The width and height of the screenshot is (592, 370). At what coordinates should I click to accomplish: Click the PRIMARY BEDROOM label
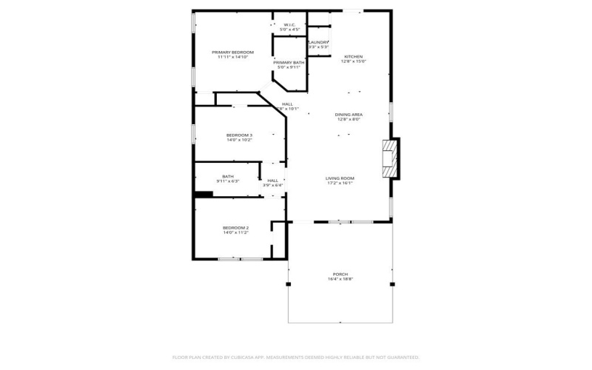click(x=232, y=52)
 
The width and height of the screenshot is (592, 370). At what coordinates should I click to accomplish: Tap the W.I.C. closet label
click(x=288, y=24)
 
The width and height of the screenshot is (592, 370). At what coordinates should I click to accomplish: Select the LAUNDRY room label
click(x=318, y=42)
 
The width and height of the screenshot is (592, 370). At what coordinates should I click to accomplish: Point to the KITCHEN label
click(x=353, y=56)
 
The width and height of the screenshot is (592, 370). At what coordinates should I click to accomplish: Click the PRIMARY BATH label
click(x=288, y=62)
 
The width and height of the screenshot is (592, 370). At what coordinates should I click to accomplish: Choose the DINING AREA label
click(x=348, y=114)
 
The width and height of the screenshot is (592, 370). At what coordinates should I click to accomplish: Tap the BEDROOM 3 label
click(x=239, y=135)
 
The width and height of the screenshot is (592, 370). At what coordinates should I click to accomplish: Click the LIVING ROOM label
click(x=340, y=178)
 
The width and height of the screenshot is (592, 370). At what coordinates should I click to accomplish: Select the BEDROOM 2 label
click(x=235, y=227)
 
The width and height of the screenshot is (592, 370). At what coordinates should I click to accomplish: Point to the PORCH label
click(x=340, y=274)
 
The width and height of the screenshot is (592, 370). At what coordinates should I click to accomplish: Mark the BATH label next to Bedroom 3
click(x=227, y=176)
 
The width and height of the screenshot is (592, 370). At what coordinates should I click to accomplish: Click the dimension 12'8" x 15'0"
click(x=353, y=62)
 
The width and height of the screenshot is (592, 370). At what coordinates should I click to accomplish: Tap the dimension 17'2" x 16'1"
click(x=340, y=183)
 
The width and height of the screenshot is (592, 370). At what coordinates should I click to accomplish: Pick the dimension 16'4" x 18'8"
click(x=340, y=279)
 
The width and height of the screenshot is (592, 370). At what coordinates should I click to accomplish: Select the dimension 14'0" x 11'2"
click(x=235, y=232)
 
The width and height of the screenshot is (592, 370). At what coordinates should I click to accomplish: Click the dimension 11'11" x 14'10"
click(x=232, y=57)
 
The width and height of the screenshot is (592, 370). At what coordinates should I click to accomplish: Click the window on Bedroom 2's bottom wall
click(x=240, y=258)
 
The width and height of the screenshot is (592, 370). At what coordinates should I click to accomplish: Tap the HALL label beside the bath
click(x=272, y=180)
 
